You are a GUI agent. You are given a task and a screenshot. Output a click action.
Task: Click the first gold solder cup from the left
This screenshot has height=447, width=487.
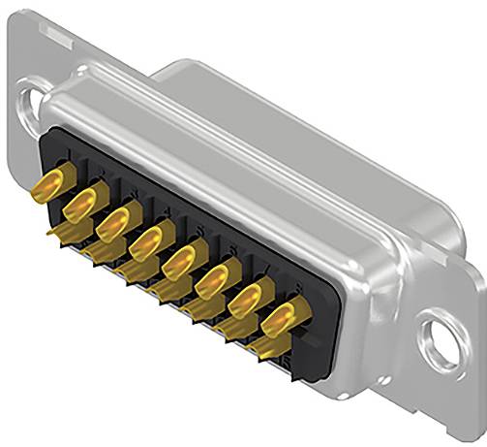tap(56, 184)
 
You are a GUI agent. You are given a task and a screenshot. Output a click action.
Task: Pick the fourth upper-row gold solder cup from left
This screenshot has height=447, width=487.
tap(147, 239)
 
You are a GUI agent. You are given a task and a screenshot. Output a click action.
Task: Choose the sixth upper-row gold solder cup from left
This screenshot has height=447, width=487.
tap(213, 277)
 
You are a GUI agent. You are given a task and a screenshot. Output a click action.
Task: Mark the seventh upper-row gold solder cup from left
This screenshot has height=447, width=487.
tap(246, 296)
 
